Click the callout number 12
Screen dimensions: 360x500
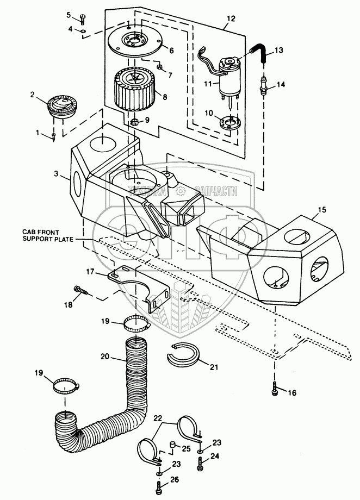click(231, 18)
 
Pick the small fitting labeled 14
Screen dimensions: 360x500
click(264, 86)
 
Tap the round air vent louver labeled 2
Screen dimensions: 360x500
click(60, 108)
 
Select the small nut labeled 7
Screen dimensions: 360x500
click(159, 67)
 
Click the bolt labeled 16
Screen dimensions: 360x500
click(274, 388)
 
